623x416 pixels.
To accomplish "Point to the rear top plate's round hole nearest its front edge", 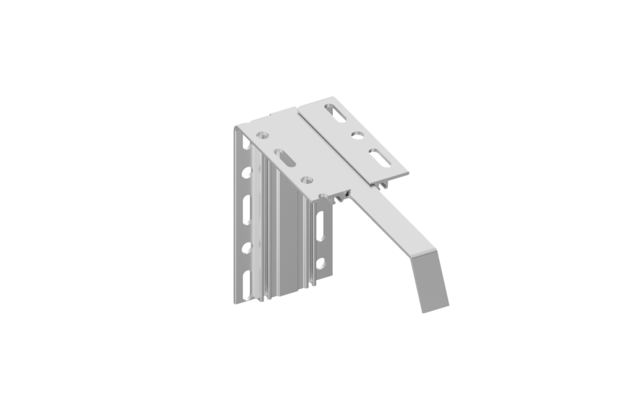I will [x=307, y=179].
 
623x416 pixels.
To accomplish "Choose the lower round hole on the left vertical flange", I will [x=246, y=247].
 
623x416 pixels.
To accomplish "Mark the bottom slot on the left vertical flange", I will [x=246, y=282].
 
